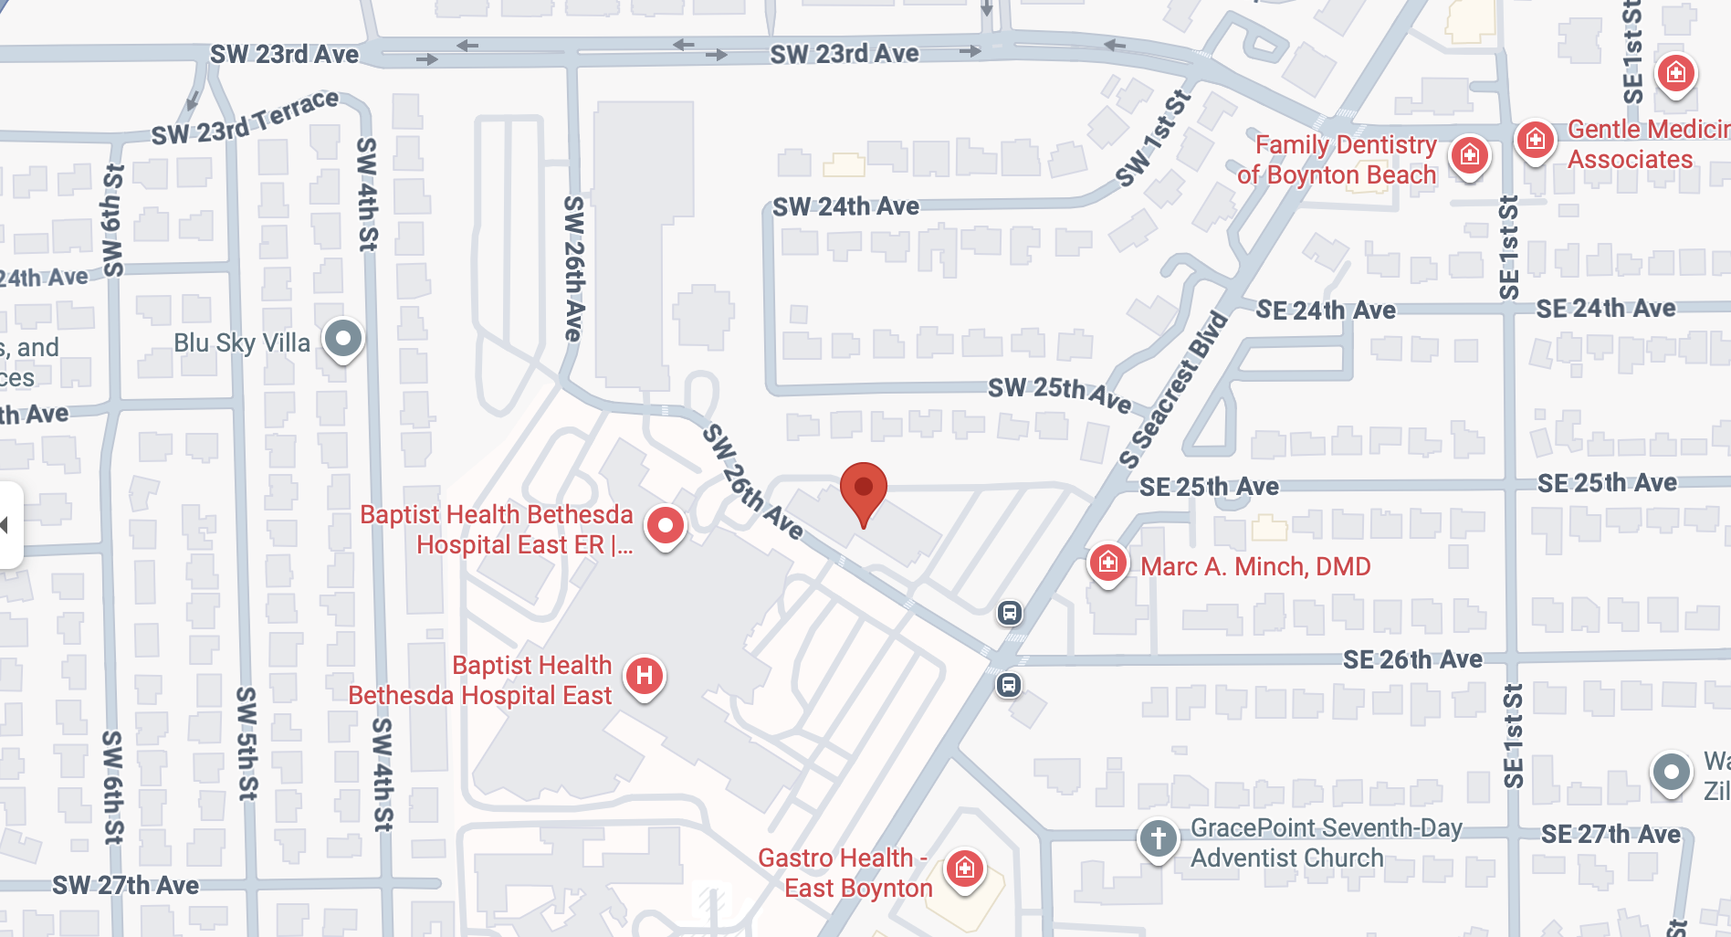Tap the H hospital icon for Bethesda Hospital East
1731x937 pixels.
click(645, 677)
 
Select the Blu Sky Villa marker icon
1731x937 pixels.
click(343, 339)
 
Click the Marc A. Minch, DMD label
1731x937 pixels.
click(1255, 566)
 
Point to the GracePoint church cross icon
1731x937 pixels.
click(1159, 837)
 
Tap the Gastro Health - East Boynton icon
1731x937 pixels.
click(965, 869)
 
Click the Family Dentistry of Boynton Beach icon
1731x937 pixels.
click(1470, 155)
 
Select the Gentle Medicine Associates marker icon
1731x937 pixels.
click(1536, 140)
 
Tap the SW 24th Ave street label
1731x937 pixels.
click(845, 206)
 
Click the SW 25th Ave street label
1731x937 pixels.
click(1059, 393)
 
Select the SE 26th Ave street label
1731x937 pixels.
click(1412, 659)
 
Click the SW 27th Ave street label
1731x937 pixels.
click(125, 885)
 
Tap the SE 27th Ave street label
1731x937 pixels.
click(1610, 834)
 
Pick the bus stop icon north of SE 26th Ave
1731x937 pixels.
click(1009, 613)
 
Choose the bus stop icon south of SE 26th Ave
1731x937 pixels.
click(1009, 684)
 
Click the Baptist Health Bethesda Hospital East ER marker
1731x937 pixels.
click(666, 526)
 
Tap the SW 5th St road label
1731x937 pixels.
click(247, 743)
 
